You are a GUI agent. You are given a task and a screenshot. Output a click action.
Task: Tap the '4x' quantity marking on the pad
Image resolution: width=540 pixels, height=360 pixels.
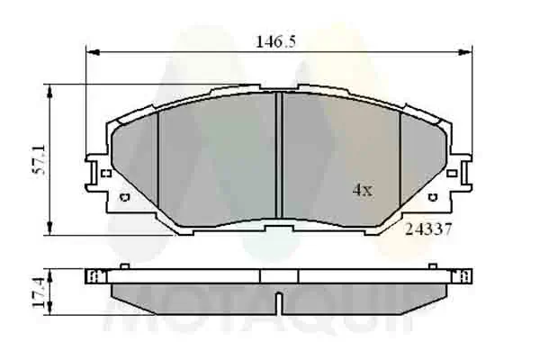coord(361,190)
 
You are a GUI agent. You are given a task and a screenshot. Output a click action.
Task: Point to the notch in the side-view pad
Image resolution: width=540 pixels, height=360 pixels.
coord(278,298)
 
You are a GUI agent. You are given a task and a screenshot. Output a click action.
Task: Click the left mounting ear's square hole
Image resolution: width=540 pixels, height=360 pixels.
coord(105,172)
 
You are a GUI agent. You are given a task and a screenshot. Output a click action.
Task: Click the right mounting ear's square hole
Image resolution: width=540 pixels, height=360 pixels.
coord(453,172)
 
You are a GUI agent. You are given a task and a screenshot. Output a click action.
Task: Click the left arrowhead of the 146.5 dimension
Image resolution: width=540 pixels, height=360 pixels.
coord(89,49)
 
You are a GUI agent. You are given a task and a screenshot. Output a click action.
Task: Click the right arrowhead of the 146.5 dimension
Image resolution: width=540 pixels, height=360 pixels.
coord(469,49)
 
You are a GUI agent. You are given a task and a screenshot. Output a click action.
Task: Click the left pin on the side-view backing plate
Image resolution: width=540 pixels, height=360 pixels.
coord(124,265)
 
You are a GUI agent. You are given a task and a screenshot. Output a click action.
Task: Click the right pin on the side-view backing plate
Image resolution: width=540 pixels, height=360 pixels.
coord(433,265)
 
